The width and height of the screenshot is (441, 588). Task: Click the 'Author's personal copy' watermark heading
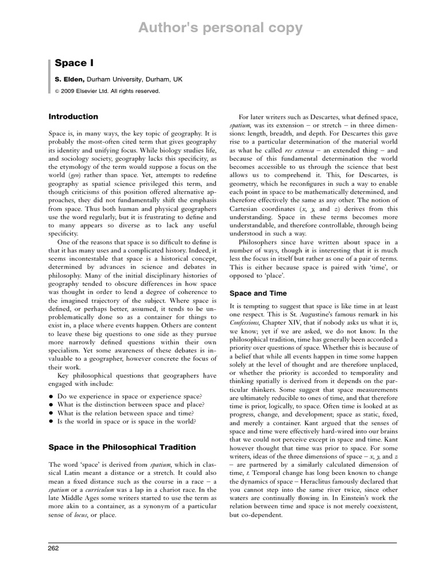[x=220, y=28]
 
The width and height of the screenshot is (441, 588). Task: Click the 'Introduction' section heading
[x=73, y=117]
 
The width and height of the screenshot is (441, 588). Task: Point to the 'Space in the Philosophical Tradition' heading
[x=122, y=447]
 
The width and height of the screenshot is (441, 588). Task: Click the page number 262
[x=53, y=549]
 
